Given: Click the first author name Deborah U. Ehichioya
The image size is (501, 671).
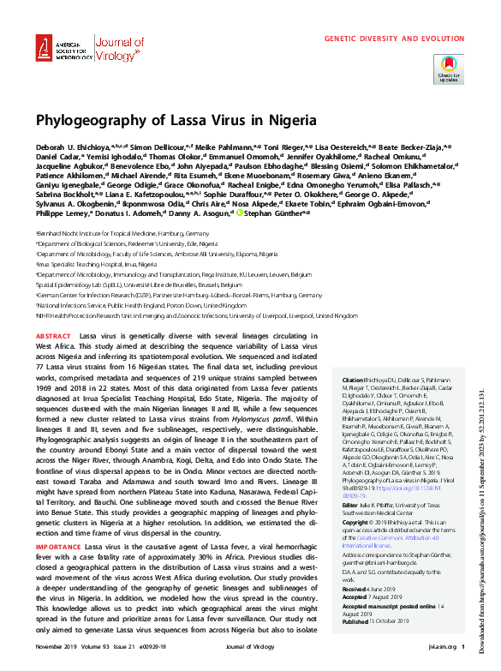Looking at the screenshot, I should (70, 147).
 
